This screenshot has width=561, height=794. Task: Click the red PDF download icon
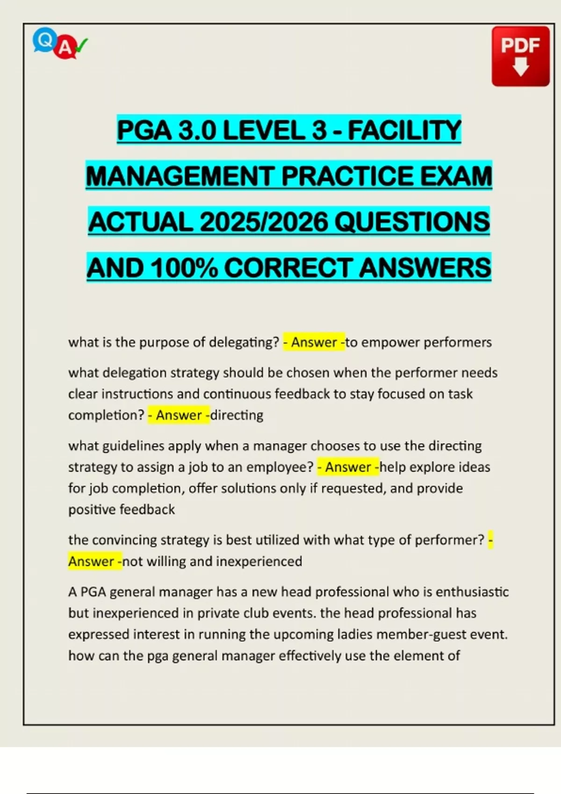coord(520,56)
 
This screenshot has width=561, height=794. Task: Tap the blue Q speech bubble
coord(44,40)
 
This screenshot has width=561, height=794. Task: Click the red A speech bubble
coord(65,48)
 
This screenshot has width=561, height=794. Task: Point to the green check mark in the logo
coord(81,45)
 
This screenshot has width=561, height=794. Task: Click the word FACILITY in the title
coord(404,130)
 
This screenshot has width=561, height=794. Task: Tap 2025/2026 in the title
coord(264,222)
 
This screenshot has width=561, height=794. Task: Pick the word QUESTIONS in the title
coord(412,222)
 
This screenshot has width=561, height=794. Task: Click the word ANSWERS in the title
coord(425,268)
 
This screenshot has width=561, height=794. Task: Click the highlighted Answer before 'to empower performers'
coord(314,342)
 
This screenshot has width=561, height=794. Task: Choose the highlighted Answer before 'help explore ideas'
coord(348,467)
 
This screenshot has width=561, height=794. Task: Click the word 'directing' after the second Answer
coord(237,415)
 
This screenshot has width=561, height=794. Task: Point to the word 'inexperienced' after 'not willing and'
coord(259,561)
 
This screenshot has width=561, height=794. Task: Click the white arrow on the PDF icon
coord(520,67)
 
